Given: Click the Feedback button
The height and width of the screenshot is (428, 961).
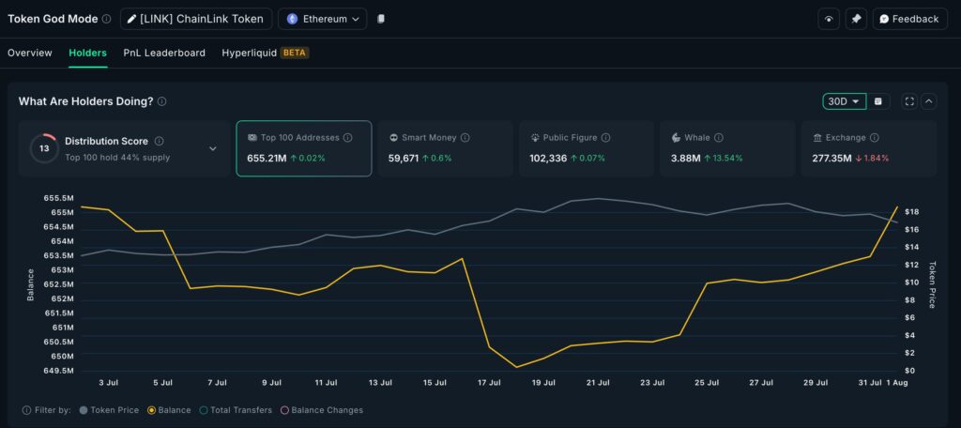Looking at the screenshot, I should pos(908,19).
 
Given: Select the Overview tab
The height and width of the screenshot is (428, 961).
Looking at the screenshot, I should pos(30,53).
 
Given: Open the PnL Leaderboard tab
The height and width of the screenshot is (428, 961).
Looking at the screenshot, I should pos(164,53).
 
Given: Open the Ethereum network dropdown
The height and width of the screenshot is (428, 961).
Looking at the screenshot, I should pos(322,19).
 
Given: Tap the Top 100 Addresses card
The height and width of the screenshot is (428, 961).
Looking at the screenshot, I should pos(303,147).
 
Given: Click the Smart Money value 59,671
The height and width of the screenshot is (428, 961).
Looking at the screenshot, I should pos(404,158).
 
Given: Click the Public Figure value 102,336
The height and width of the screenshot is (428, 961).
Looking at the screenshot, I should pos(548,158).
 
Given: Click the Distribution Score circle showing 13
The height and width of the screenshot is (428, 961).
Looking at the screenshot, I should pos(43,148).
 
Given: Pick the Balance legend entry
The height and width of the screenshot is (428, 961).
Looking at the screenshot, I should pos(170,410).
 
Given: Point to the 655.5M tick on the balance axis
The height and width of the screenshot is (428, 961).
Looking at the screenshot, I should pos(57,198).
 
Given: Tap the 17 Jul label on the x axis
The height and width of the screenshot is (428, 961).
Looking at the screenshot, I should pos(489,383).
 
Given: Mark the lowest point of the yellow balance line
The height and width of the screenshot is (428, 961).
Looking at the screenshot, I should pos(516,367).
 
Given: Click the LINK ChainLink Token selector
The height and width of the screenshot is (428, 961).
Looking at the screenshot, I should pos(196,19).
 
